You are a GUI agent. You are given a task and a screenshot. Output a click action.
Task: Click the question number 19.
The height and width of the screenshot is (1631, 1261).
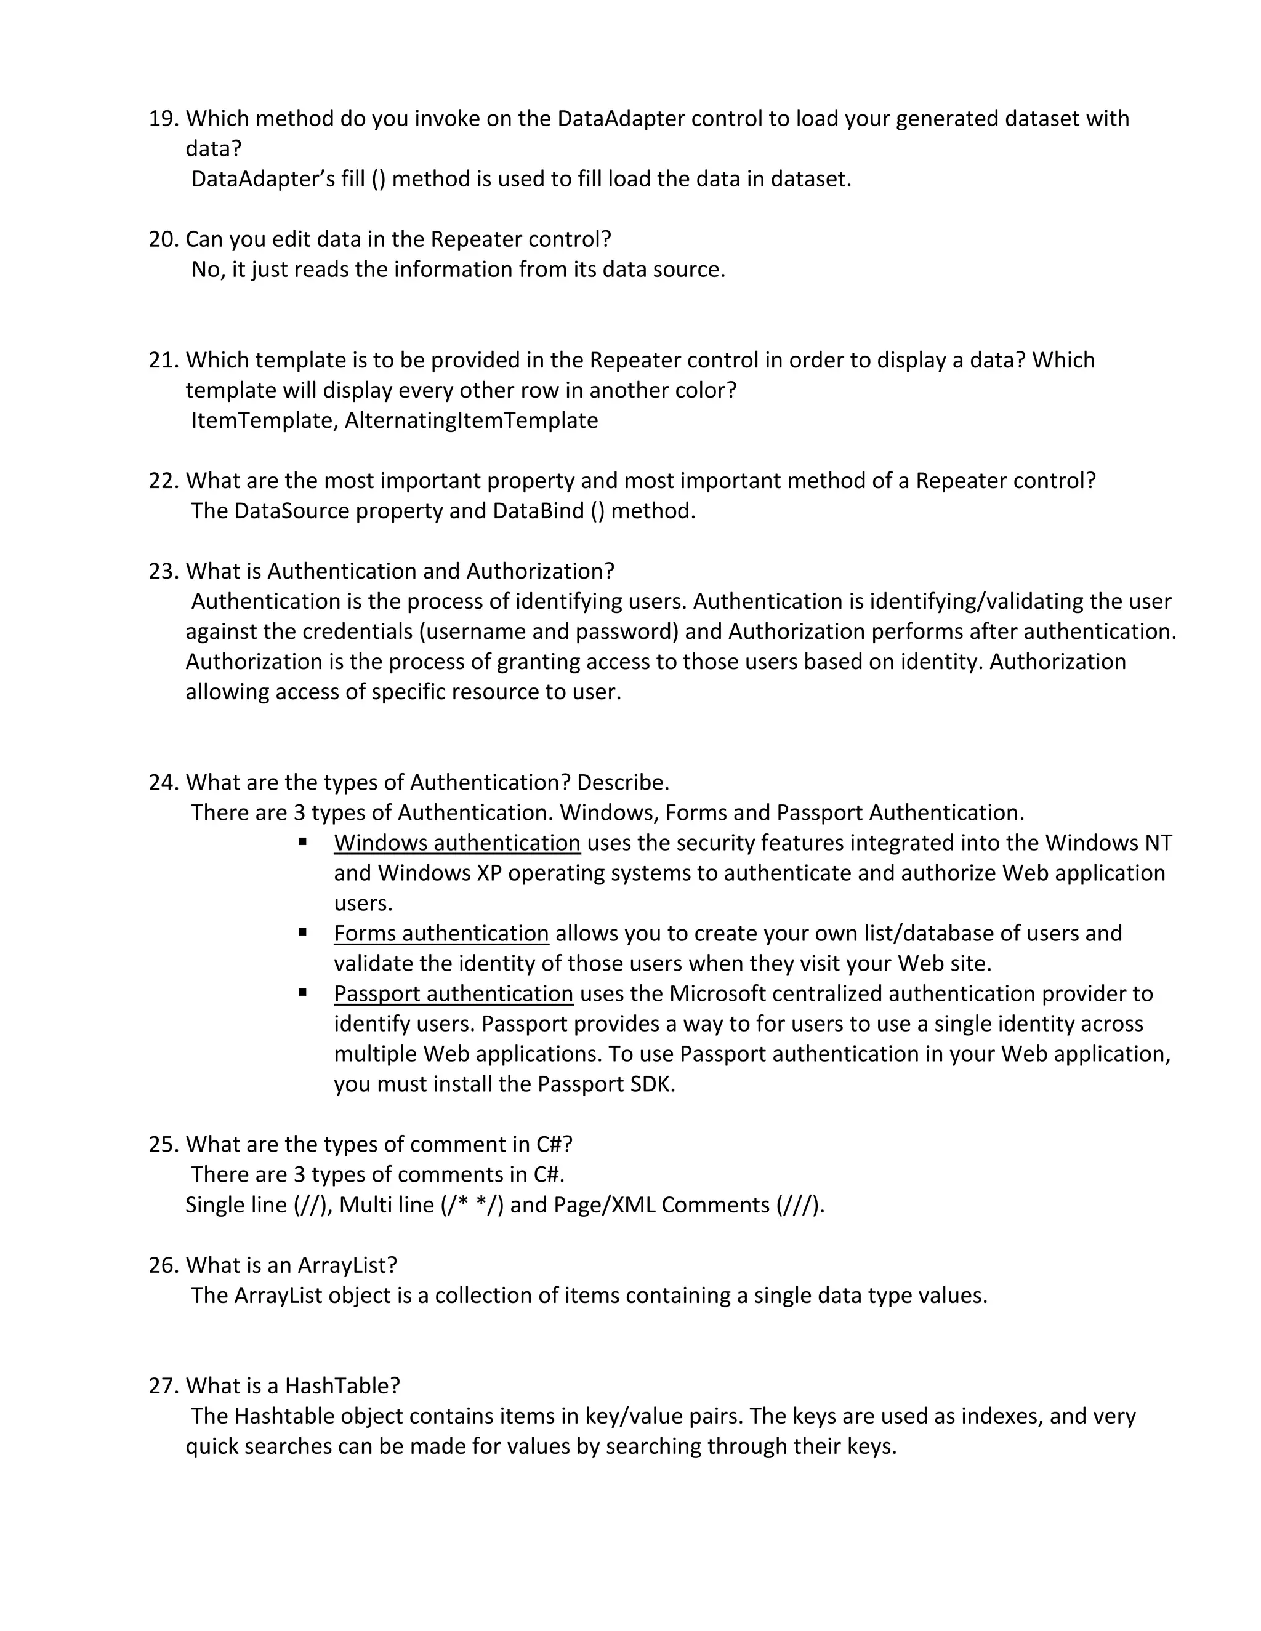tap(164, 119)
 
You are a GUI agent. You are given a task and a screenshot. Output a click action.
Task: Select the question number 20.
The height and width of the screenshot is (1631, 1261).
tap(164, 239)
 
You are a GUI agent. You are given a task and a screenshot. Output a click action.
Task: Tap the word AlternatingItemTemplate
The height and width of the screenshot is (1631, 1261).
tap(472, 420)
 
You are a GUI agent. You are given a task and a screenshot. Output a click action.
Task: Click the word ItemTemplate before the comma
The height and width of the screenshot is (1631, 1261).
tap(264, 420)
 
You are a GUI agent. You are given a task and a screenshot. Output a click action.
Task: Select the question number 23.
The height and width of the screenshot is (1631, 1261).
tap(164, 571)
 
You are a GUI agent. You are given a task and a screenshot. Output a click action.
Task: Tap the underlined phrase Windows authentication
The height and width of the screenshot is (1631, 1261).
tap(457, 843)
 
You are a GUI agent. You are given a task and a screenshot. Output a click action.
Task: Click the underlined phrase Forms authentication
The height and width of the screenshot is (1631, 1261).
tap(441, 934)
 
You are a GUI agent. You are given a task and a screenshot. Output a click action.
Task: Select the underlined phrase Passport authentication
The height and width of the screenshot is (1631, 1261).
tap(453, 994)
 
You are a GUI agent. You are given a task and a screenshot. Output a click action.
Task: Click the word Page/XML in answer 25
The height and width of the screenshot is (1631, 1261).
tap(603, 1205)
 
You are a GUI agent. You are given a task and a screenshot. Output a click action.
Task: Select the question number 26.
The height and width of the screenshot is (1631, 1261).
tap(164, 1266)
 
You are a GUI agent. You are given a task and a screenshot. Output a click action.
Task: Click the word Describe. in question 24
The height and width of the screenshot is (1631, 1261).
tap(623, 783)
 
